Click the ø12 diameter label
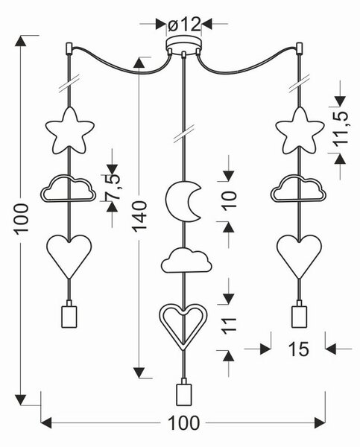click(184, 25)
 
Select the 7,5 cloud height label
click(112, 187)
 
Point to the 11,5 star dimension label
click(341, 128)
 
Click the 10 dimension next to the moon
click(229, 201)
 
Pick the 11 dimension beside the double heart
click(229, 326)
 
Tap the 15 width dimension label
click(299, 349)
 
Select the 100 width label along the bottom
click(183, 422)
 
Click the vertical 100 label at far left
click(22, 219)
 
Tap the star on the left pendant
click(70, 130)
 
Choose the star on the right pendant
click(300, 130)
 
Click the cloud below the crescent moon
click(186, 260)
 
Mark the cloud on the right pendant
click(298, 188)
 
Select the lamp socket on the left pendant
click(69, 314)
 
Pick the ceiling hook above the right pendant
click(299, 48)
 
